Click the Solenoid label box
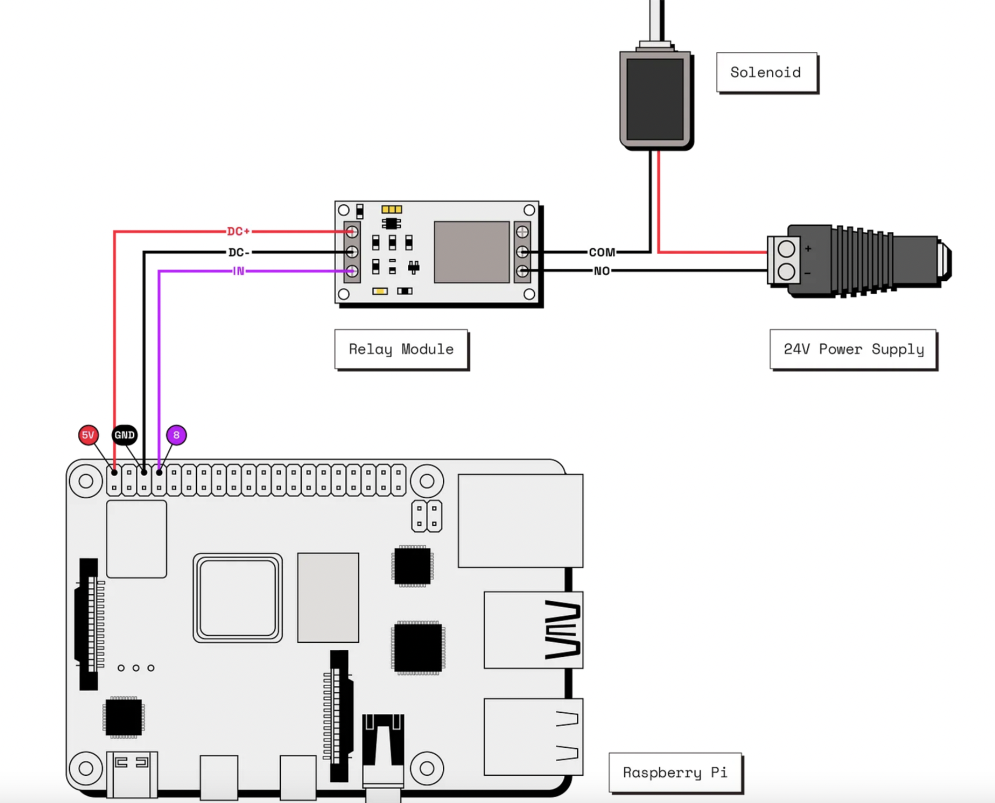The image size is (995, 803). pos(766,72)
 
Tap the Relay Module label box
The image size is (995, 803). pos(401,349)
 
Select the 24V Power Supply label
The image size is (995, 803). pos(853,349)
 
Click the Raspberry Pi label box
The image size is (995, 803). pos(675,773)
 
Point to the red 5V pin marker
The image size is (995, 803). pos(88,435)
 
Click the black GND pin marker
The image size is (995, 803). pos(124,435)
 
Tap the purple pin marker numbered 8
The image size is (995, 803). pos(177,435)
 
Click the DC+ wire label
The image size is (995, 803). pos(238,231)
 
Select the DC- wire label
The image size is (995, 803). pos(239,252)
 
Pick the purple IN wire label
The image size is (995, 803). pos(238,271)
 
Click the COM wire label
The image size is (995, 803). pos(602,252)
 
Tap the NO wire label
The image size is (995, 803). pos(602,271)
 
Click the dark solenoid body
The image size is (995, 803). pos(655,99)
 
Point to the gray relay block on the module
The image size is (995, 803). pos(471,252)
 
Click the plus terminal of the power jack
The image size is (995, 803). pos(786,249)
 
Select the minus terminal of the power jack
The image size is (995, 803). pos(786,272)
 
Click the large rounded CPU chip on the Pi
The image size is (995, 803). pos(238,598)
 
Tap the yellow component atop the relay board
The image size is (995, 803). pos(391,209)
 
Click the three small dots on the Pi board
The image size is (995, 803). pos(136,668)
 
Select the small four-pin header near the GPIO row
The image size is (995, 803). pos(426,516)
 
